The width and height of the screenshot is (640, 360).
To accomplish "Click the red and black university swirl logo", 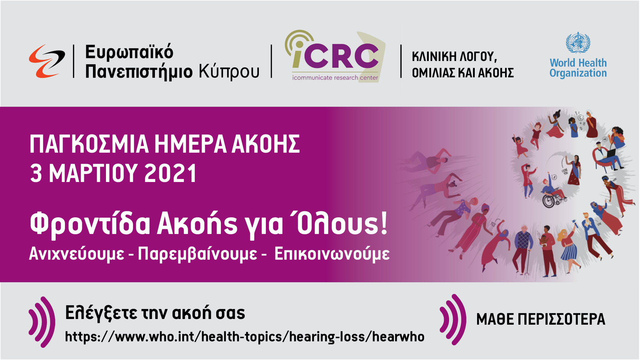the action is pos(47,61).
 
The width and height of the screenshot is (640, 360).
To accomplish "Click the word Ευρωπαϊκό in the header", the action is pos(129,52).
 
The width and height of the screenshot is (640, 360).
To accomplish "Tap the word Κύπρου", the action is pos(229,72).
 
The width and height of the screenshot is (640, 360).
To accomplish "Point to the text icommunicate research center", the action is pos(335,78).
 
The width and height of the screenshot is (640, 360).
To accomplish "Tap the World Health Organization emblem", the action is pos(578,43).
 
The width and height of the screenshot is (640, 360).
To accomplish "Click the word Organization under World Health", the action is pos(578,73).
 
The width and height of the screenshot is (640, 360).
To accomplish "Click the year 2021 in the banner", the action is pos(170,173).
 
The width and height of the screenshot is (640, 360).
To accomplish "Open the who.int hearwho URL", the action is pos(245,337).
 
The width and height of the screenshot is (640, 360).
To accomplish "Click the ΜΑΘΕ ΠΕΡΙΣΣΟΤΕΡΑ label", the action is pos(541,319).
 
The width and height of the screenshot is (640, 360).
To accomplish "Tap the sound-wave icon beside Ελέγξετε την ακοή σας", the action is pos(42,322).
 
